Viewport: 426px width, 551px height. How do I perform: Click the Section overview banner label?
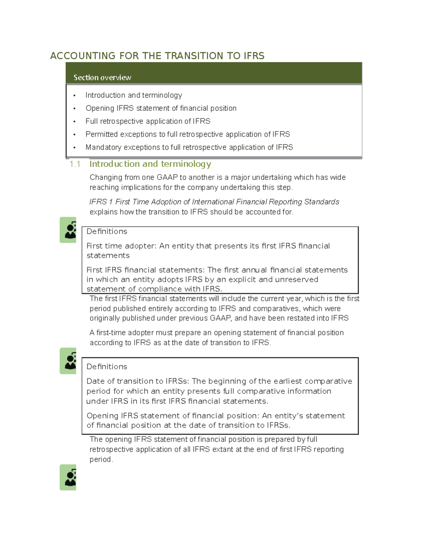[x=102, y=78]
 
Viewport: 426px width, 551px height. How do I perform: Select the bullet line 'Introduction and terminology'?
[x=133, y=95]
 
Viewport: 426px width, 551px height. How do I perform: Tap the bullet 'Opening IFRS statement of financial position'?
[x=161, y=108]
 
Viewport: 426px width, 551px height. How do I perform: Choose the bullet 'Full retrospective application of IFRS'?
[x=148, y=121]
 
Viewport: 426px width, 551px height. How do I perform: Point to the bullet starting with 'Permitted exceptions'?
[x=187, y=134]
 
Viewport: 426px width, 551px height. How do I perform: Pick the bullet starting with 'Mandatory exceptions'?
[x=189, y=147]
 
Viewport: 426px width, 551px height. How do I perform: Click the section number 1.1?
[x=75, y=164]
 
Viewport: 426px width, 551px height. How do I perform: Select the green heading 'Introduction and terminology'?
[x=150, y=164]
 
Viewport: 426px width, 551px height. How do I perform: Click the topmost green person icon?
[x=68, y=230]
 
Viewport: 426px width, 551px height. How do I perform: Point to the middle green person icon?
[x=68, y=361]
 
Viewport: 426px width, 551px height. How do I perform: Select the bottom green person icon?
[x=68, y=478]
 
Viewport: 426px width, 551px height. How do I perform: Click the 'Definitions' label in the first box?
[x=107, y=231]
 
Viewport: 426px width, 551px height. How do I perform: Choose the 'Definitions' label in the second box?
[x=107, y=367]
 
